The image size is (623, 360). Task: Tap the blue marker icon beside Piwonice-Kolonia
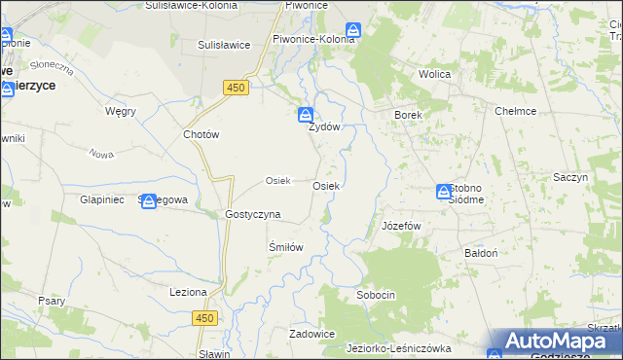[353, 31]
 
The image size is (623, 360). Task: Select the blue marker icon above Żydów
[305, 114]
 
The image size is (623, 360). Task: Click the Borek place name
[407, 115]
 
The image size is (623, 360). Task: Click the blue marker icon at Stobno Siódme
[444, 192]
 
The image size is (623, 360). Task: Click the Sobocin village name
[376, 294]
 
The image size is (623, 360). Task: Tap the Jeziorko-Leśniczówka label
[399, 347]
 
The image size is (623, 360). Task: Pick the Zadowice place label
[311, 334]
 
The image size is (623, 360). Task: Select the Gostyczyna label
[252, 214]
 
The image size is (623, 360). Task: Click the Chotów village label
[202, 135]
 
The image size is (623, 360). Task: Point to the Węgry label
[120, 111]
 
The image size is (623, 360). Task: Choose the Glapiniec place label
[98, 199]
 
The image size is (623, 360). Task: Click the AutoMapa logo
[555, 341]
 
